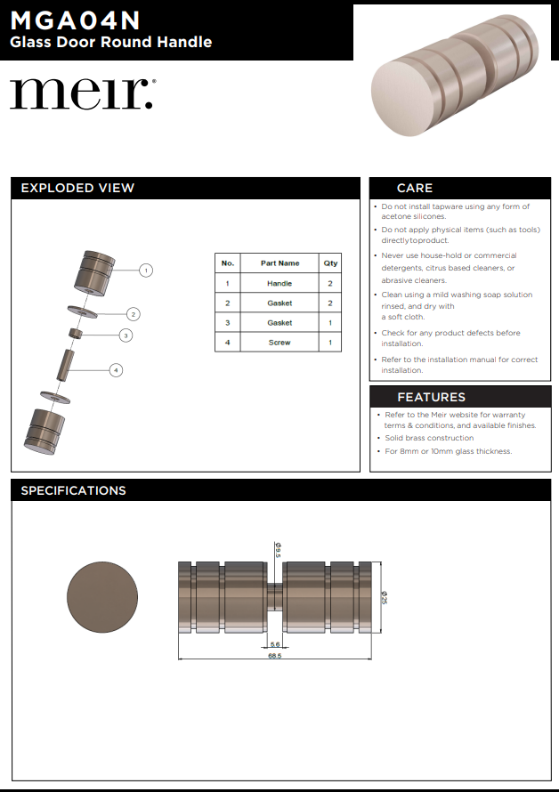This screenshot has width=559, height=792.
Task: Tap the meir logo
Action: [x=82, y=93]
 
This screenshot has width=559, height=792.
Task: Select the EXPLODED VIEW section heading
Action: [x=77, y=188]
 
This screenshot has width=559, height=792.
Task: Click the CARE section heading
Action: [x=415, y=188]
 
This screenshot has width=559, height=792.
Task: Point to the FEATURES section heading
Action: [x=431, y=397]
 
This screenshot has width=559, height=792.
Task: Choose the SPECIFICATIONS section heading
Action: [x=73, y=490]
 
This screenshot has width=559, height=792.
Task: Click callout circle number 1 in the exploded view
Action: [x=147, y=270]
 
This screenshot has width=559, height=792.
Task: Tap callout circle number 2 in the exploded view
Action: [x=133, y=313]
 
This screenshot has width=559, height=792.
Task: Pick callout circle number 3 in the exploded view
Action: [x=126, y=335]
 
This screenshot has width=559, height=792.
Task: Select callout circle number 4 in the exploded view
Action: [x=116, y=369]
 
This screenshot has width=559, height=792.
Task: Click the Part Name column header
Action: [x=279, y=263]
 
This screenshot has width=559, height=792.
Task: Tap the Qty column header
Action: [x=330, y=263]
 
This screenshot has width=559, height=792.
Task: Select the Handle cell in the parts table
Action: [x=279, y=283]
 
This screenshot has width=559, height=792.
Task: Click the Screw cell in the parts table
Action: [x=279, y=343]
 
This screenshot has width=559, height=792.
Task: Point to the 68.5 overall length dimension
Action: [x=274, y=656]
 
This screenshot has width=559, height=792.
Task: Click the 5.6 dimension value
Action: [x=274, y=644]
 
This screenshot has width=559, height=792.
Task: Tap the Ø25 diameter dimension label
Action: [x=385, y=598]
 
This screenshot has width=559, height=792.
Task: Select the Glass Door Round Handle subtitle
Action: [x=110, y=42]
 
